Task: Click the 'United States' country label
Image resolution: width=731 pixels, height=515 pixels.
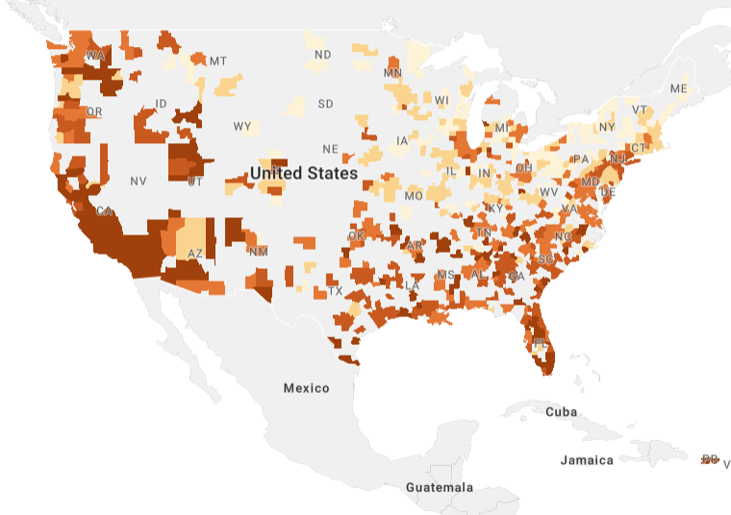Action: (x=304, y=174)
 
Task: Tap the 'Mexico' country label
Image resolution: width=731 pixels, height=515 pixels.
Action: (x=306, y=388)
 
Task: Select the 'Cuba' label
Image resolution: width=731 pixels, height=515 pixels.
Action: (x=561, y=411)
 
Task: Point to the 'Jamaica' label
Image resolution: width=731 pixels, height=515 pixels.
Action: (x=587, y=460)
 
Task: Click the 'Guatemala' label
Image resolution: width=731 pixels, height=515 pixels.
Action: (x=439, y=487)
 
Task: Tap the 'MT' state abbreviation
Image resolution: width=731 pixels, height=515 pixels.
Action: (x=218, y=61)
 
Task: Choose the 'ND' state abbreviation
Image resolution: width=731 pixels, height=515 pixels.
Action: (x=322, y=55)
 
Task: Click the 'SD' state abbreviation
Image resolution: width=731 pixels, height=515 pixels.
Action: (x=325, y=104)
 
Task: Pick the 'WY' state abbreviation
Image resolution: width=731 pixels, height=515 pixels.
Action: (x=242, y=127)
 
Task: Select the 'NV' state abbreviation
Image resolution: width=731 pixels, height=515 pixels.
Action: (x=139, y=181)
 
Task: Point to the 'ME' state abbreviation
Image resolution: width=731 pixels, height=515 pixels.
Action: (x=679, y=88)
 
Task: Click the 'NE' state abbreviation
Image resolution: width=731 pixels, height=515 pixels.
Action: (x=330, y=149)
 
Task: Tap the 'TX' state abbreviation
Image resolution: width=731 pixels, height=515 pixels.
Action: (x=335, y=291)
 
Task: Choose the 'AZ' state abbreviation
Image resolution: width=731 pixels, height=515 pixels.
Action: (x=195, y=254)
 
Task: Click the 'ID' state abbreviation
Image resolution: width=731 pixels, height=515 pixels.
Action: (x=161, y=104)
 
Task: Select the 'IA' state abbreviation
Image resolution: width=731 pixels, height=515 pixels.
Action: (x=402, y=141)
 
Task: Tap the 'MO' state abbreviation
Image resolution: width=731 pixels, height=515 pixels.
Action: (x=414, y=196)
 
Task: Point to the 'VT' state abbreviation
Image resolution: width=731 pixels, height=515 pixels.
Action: (x=640, y=110)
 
